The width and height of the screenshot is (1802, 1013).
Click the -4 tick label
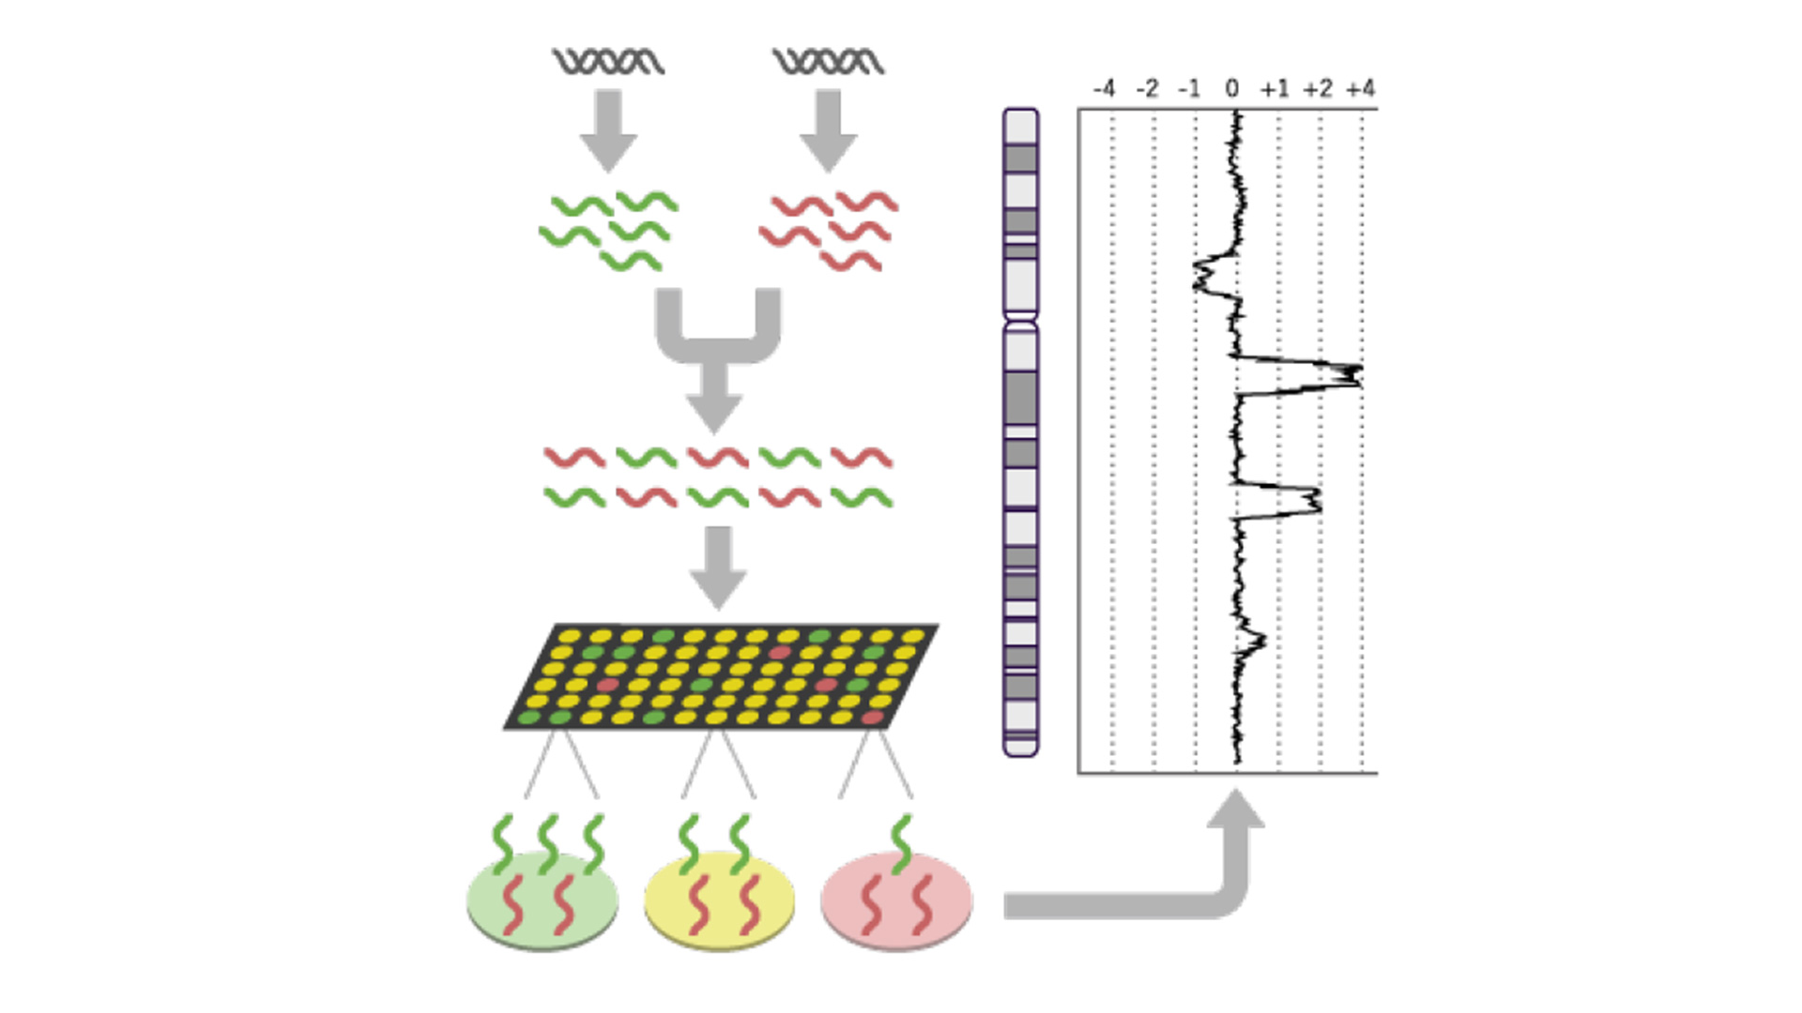pos(1104,89)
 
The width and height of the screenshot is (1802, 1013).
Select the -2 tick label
pos(1147,89)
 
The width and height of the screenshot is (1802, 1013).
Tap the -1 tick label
pos(1189,89)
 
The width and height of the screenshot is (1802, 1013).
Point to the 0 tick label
pos(1232,89)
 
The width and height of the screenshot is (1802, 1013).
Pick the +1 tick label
pos(1275,89)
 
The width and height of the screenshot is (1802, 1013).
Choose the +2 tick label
pos(1318,89)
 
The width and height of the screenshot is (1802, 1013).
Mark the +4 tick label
pos(1361,89)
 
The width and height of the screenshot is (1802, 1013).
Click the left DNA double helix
pos(608,62)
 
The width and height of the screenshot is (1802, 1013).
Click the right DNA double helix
pos(828,62)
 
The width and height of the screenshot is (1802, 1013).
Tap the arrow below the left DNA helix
pos(608,129)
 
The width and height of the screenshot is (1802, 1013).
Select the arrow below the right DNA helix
pos(828,129)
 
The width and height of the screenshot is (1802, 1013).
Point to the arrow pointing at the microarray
pos(718,567)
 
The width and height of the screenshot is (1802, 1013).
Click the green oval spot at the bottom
pos(542,901)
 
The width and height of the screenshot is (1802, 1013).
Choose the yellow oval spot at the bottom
pos(719,901)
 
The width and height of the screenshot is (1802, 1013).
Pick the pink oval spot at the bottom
pos(896,901)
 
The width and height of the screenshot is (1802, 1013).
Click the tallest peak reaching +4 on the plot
pos(1351,374)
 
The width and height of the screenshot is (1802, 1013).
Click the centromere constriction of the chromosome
pos(1021,321)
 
